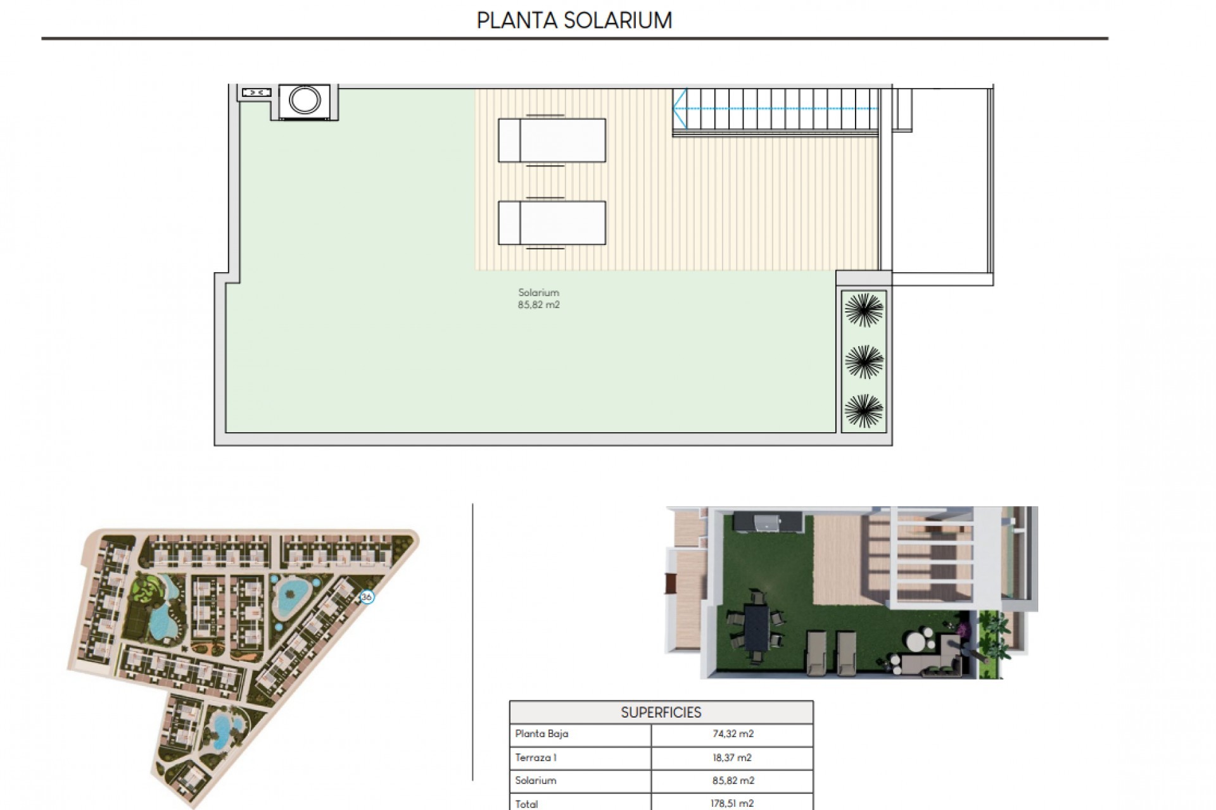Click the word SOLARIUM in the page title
[617, 21]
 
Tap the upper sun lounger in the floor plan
[552, 140]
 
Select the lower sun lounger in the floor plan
[552, 223]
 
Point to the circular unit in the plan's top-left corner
[305, 100]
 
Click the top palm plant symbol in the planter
[864, 310]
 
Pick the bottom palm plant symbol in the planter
[864, 411]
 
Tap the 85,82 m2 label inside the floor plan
[538, 305]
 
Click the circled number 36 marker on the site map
[367, 597]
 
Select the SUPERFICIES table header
[661, 713]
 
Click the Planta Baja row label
[541, 734]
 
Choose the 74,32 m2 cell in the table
[733, 734]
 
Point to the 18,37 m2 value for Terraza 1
[732, 757]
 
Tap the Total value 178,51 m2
[732, 804]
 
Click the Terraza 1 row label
[536, 757]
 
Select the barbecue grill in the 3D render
[767, 523]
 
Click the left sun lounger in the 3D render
[817, 652]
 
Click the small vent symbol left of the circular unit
[256, 93]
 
